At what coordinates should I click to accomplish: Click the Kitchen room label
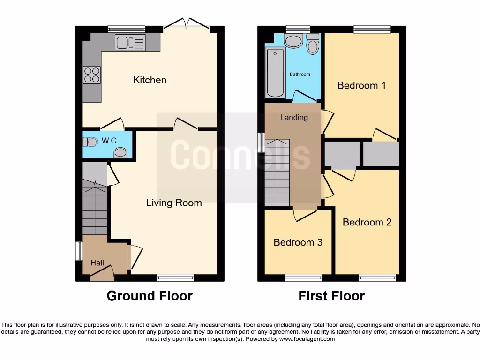tap(150, 80)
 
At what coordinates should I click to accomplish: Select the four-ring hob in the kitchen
tap(92, 75)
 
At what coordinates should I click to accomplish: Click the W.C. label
tap(110, 140)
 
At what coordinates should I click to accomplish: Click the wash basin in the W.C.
tap(121, 152)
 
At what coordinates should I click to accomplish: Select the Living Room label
tap(174, 203)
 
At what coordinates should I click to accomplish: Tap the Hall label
tap(97, 263)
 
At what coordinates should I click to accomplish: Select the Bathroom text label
tap(300, 74)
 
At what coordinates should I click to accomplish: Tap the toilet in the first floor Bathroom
tap(313, 43)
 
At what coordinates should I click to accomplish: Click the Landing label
tap(294, 117)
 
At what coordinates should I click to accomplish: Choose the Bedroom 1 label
tap(361, 85)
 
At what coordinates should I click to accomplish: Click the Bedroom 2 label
tap(367, 222)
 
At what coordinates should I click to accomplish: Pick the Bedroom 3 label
tap(298, 242)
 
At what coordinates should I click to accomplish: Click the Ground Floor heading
tap(150, 296)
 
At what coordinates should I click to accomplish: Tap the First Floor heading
tap(331, 296)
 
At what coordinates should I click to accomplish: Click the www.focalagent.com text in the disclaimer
tap(307, 338)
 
